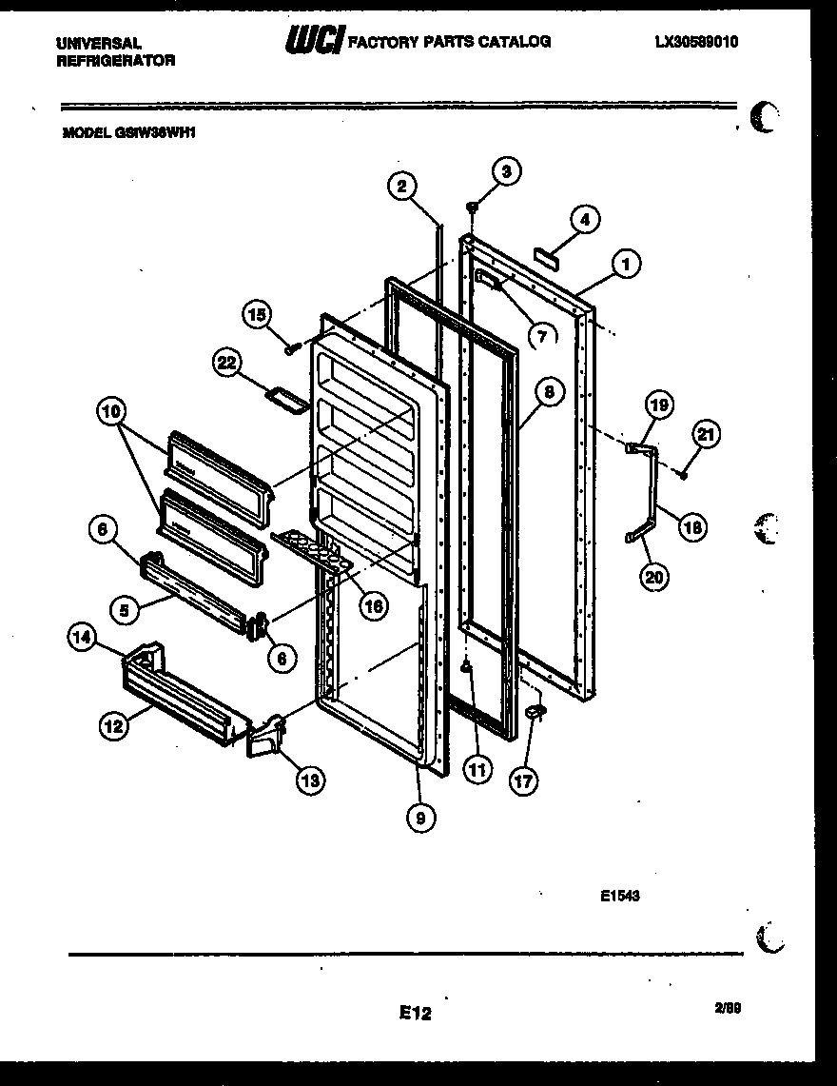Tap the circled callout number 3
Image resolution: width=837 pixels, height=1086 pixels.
pyautogui.click(x=506, y=171)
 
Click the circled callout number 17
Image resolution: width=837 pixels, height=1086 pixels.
pyautogui.click(x=523, y=780)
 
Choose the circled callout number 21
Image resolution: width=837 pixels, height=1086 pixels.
pyautogui.click(x=705, y=435)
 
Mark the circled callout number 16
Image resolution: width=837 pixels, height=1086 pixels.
pyautogui.click(x=375, y=605)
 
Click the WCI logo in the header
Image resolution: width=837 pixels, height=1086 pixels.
pyautogui.click(x=313, y=41)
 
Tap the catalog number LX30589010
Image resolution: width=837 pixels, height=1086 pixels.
pyautogui.click(x=696, y=42)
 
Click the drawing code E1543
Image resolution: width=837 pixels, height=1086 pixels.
pyautogui.click(x=618, y=895)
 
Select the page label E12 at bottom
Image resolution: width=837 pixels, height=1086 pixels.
pyautogui.click(x=416, y=1015)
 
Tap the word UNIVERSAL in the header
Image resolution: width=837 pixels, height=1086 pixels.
pyautogui.click(x=99, y=43)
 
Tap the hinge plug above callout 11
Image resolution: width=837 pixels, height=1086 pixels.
pyautogui.click(x=468, y=668)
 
